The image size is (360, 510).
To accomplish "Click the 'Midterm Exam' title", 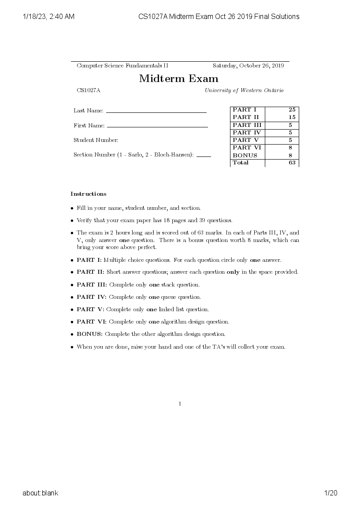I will (x=178, y=79).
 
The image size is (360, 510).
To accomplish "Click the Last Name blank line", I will (x=156, y=112).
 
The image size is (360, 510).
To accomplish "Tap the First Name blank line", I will (x=157, y=127).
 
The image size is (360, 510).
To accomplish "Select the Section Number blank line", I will (x=204, y=156).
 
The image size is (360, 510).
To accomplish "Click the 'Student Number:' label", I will (x=96, y=140).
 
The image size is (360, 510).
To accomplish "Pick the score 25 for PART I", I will (x=292, y=110).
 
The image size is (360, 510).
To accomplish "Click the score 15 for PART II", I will (x=292, y=117).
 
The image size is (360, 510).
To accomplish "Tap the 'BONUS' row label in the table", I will (x=245, y=155).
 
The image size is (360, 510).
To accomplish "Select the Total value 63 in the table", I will (x=292, y=163).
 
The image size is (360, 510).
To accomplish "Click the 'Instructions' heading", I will (x=89, y=194).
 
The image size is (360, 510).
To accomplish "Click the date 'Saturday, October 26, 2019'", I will (x=248, y=66).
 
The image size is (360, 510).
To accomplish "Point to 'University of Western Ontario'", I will (x=244, y=90).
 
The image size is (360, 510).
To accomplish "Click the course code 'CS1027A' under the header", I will (x=89, y=90).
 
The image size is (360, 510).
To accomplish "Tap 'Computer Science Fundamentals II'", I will (x=122, y=66).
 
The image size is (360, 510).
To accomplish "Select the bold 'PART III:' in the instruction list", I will (x=92, y=285).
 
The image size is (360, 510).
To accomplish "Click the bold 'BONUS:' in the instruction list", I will (x=89, y=334).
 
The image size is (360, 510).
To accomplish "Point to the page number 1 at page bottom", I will (x=180, y=404).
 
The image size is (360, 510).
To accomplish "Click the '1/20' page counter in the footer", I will (x=330, y=493).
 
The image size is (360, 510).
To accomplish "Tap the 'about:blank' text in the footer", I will (x=41, y=493).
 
